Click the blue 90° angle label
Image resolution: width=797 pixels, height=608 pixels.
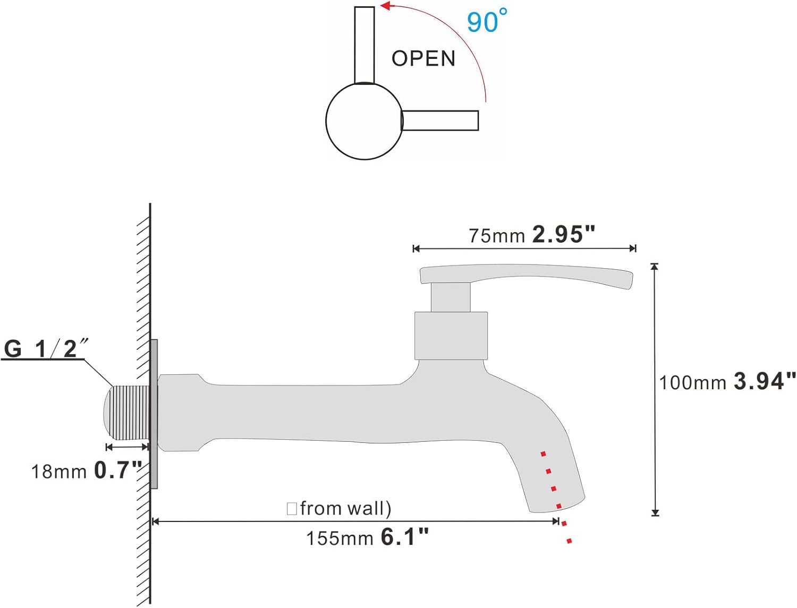point(487,21)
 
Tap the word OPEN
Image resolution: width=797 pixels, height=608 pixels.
point(423,58)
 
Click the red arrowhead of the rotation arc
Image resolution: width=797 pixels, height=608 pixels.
point(385,6)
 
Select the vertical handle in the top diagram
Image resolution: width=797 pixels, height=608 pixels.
point(364,45)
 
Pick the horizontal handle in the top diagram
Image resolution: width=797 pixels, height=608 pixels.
point(440,121)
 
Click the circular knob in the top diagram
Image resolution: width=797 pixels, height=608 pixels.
point(364,121)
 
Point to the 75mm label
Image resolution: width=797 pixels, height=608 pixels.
point(497,236)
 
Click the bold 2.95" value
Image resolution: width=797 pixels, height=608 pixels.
point(564,234)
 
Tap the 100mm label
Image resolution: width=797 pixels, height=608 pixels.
point(692,383)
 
